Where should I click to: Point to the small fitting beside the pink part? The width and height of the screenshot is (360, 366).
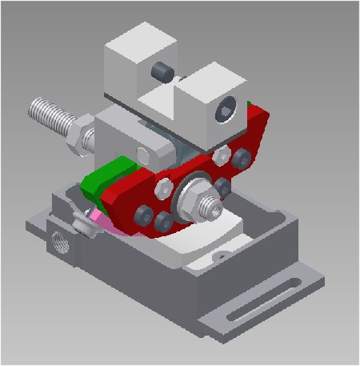[80, 220]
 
